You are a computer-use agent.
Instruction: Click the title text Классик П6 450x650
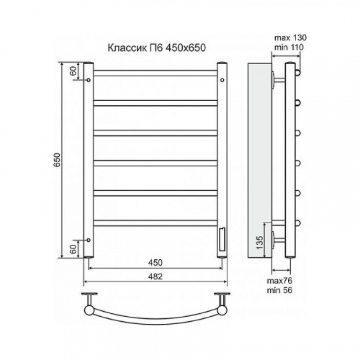(x=156, y=48)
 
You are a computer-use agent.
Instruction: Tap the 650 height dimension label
(x=57, y=160)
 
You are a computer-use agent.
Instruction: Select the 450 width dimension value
(x=155, y=263)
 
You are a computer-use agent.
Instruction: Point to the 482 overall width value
(x=155, y=276)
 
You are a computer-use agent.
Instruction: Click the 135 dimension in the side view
(x=260, y=243)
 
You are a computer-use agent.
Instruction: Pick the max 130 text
(x=290, y=37)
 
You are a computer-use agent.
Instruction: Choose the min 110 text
(x=289, y=48)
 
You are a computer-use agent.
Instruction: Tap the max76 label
(x=279, y=281)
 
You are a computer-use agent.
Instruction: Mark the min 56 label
(x=279, y=290)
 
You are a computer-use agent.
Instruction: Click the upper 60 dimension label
(x=73, y=71)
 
